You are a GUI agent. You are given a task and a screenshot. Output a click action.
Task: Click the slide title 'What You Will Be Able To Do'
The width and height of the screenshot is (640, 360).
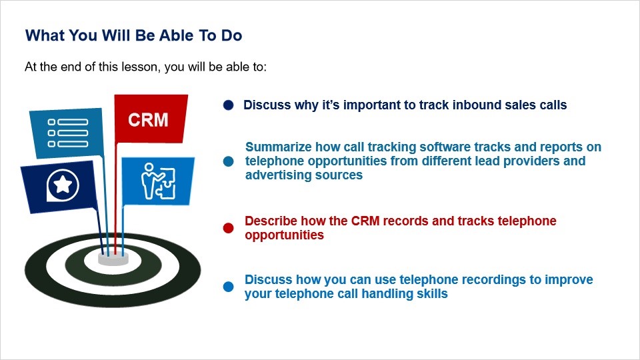(133, 35)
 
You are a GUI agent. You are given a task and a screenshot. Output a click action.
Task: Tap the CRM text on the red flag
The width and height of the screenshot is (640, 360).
(148, 120)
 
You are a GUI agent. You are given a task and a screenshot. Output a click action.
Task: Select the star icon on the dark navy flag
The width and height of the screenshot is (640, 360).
(63, 185)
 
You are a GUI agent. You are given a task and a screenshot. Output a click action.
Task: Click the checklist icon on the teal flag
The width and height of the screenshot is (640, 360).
(68, 133)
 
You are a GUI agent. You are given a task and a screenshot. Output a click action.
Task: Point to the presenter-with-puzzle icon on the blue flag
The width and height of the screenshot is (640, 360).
(158, 181)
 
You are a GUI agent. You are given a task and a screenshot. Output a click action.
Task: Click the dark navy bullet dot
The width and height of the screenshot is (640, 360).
(229, 105)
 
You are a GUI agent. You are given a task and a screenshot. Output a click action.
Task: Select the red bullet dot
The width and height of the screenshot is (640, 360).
(229, 228)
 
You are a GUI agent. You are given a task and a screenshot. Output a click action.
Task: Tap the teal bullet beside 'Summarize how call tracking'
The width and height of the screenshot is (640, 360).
(229, 161)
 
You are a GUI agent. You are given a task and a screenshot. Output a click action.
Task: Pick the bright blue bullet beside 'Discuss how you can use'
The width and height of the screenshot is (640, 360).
(229, 287)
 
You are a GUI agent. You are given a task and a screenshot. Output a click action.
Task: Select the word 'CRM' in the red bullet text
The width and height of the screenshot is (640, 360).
(365, 221)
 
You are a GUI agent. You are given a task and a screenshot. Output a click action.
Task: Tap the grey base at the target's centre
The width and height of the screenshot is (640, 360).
(113, 259)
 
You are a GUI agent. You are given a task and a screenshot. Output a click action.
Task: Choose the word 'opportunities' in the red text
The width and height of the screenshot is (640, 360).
(284, 235)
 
